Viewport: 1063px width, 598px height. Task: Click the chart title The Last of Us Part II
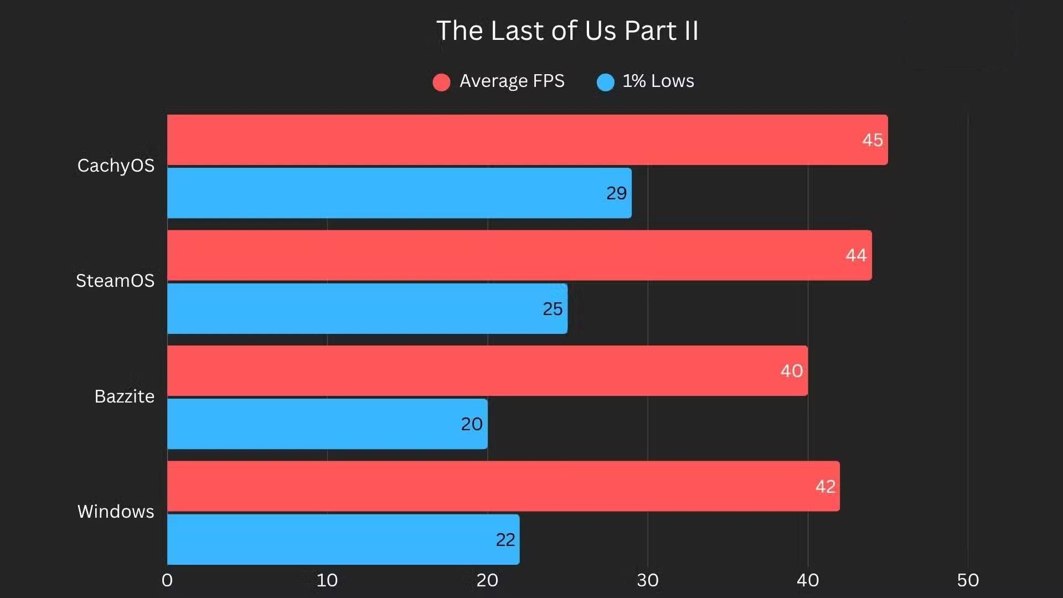click(567, 30)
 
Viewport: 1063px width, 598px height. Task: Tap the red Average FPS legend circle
click(441, 82)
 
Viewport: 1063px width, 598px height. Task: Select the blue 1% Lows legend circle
click(605, 82)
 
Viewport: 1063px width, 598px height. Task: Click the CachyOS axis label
click(116, 166)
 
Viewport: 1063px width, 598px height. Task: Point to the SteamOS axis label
click(115, 281)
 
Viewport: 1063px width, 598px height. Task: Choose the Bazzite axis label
click(124, 396)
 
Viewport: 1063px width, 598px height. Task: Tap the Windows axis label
click(116, 512)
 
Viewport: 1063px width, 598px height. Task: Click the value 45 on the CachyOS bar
click(872, 140)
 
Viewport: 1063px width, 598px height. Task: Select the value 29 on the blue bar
click(616, 193)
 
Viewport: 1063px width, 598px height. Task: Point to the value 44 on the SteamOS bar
click(856, 255)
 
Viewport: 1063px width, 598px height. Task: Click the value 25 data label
click(552, 309)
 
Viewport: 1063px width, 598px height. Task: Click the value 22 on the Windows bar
click(505, 540)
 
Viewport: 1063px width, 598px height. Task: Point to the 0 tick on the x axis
click(167, 580)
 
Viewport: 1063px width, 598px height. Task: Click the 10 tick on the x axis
click(327, 580)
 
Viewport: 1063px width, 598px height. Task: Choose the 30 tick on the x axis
click(647, 580)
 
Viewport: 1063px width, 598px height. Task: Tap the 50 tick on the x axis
click(968, 580)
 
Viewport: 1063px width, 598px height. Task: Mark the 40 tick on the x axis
click(808, 580)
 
